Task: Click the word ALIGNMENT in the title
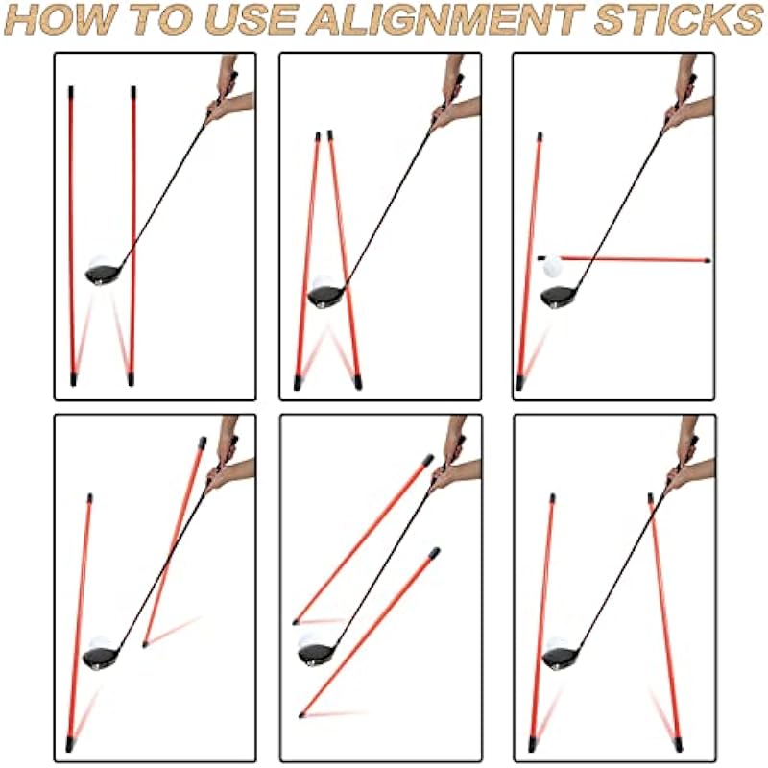pos(446,18)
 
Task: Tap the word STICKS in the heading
pos(679,18)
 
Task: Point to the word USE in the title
pos(252,18)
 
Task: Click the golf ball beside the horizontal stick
pos(553,267)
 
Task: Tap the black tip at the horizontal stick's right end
pos(707,260)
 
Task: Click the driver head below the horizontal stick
pos(559,298)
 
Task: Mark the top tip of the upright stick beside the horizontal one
pos(540,136)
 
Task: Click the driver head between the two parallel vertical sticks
pos(104,274)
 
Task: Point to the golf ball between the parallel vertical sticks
pos(100,263)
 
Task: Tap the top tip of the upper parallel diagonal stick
pos(428,460)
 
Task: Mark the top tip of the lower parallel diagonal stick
pos(435,553)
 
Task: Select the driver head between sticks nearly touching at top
pos(326,297)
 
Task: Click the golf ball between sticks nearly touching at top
pos(324,284)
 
